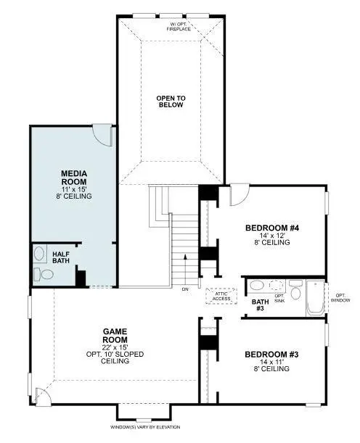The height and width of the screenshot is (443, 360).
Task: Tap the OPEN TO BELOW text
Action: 171,101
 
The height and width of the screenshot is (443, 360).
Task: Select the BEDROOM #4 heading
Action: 272,228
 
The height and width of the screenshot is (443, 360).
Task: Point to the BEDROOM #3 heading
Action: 272,355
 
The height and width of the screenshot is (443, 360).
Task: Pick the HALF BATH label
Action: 62,258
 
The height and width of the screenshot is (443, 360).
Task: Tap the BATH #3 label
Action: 260,305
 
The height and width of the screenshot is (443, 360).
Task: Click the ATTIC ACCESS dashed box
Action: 221,296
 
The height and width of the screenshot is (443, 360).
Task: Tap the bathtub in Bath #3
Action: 316,297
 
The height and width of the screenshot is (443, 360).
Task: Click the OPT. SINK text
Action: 279,298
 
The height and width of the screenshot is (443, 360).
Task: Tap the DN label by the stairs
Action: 186,289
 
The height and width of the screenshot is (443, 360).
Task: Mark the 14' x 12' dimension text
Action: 272,236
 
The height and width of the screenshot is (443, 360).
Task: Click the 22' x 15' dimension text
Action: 115,347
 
